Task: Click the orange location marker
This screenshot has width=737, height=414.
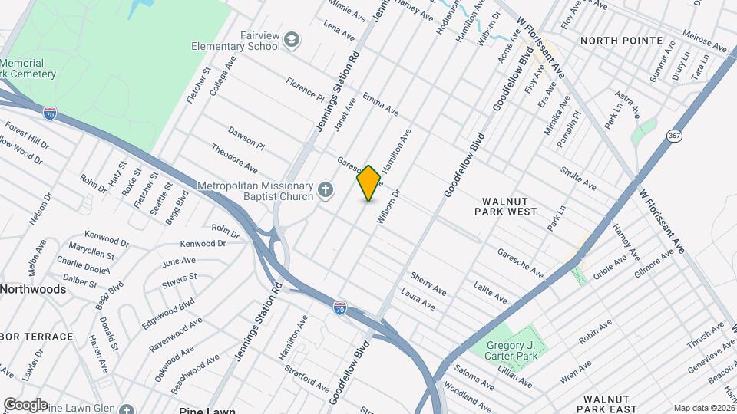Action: pyautogui.click(x=369, y=183)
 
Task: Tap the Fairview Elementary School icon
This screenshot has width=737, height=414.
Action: pyautogui.click(x=292, y=39)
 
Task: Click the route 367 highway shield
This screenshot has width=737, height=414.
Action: pyautogui.click(x=674, y=136)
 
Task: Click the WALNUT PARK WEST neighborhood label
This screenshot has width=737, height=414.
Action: pyautogui.click(x=509, y=205)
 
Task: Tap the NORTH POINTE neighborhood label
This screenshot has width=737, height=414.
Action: pyautogui.click(x=621, y=40)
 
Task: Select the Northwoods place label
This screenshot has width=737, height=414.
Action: pyautogui.click(x=32, y=289)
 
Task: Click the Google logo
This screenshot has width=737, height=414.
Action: pyautogui.click(x=25, y=404)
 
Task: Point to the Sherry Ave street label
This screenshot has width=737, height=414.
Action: pyautogui.click(x=428, y=282)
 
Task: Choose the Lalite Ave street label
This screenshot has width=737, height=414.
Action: pyautogui.click(x=490, y=291)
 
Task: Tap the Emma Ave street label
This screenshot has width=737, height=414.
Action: pyautogui.click(x=380, y=104)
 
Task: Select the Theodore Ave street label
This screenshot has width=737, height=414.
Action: pyautogui.click(x=234, y=157)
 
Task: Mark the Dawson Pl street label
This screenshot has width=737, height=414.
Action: pyautogui.click(x=246, y=138)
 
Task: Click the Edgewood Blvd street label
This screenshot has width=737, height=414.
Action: pyautogui.click(x=165, y=313)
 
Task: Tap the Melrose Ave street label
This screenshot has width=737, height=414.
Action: pyautogui.click(x=704, y=42)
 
